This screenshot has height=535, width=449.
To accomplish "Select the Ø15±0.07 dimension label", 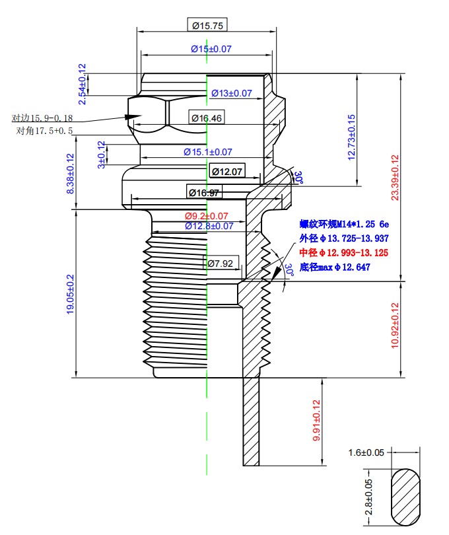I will point(211,49).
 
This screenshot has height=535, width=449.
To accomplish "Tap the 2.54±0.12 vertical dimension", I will point(83,84).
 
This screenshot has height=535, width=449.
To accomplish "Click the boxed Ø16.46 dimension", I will point(207,118).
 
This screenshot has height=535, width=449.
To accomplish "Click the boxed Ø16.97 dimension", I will point(204,193).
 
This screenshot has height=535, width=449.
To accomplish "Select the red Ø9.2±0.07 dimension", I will point(206,216).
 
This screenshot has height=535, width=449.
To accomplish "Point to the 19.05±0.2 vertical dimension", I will point(71,295).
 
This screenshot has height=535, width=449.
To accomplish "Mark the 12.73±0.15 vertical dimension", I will point(351,137).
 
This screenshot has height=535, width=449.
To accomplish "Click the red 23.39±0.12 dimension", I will point(395,178).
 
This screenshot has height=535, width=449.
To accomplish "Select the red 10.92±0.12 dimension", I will point(395,326).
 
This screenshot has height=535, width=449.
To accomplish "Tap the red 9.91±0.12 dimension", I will point(317,421).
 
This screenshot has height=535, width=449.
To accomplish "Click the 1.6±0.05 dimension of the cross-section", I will point(365,452).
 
